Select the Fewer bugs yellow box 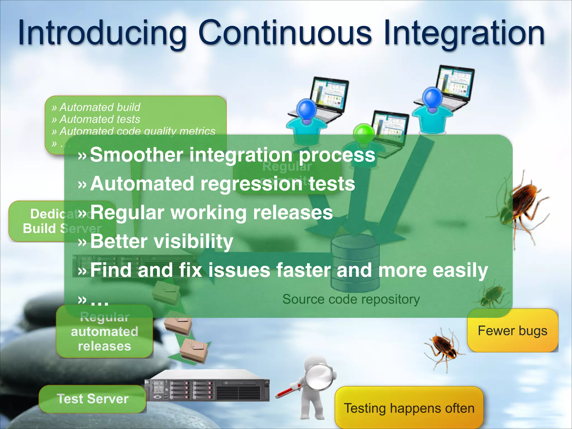[513, 331]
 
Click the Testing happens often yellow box [409, 408]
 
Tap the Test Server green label [92, 399]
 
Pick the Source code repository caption [351, 299]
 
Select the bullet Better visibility [161, 241]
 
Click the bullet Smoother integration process [232, 155]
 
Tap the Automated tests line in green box [100, 119]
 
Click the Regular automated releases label [104, 332]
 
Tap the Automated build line [100, 107]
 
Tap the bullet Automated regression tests [222, 184]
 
